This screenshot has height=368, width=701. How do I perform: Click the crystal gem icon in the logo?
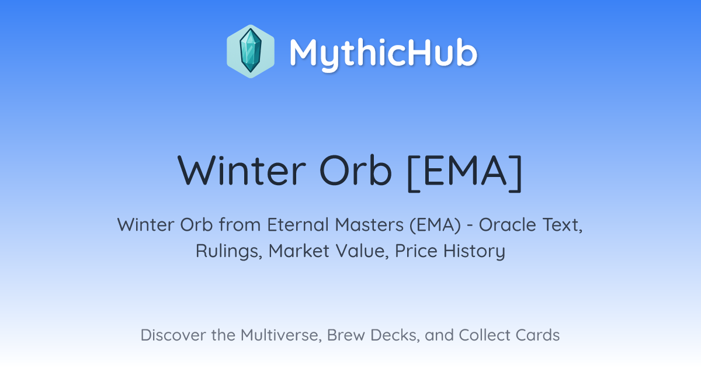click(x=251, y=51)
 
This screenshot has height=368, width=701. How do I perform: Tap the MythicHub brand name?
click(x=383, y=53)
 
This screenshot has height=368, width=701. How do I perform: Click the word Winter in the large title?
click(x=241, y=171)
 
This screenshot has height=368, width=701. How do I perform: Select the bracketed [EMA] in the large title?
click(x=465, y=172)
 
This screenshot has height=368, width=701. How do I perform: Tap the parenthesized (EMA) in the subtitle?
click(x=435, y=225)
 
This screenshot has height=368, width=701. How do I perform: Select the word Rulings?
click(x=229, y=251)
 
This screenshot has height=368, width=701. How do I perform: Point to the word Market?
click(x=299, y=251)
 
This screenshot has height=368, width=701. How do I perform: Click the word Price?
click(x=416, y=251)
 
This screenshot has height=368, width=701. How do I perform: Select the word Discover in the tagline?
click(x=172, y=335)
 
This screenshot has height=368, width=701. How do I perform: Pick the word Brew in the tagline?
click(x=346, y=335)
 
